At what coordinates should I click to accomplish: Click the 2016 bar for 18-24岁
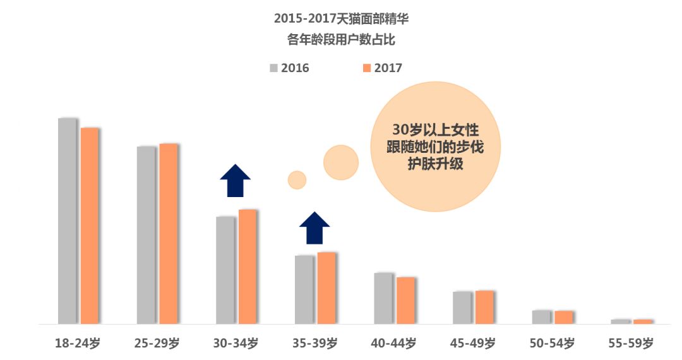68,220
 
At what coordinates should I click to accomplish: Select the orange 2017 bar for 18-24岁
90,225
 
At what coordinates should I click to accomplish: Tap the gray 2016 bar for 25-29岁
147,235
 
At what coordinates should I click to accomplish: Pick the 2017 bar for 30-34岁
248,267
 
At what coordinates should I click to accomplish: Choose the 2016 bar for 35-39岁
304,289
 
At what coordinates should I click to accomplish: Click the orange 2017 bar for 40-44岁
405,300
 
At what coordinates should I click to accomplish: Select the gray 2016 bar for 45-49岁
462,308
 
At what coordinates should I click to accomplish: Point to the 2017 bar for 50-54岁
563,317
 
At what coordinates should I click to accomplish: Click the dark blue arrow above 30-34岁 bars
236,181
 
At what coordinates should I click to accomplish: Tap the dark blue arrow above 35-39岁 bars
314,228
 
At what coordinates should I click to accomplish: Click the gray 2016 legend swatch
273,68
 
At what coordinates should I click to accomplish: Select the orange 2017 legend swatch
367,68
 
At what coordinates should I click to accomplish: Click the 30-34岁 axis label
236,344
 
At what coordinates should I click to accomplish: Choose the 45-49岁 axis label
473,344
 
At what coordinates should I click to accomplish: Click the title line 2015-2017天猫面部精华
342,19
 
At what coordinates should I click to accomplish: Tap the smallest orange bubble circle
297,180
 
